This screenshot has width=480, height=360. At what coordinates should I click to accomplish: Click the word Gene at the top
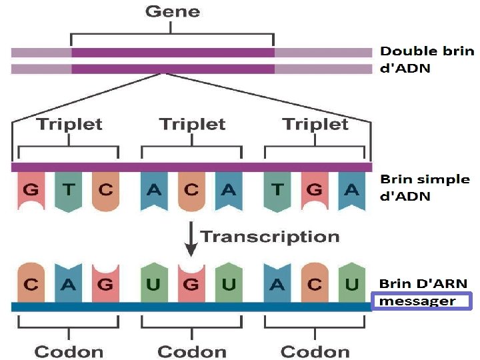(172, 11)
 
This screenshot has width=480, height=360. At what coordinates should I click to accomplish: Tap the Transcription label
(270, 237)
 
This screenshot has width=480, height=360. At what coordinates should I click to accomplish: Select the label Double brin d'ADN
(427, 59)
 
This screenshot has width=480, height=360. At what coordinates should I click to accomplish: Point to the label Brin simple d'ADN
(425, 188)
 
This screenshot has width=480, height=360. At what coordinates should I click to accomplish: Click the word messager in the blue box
(417, 301)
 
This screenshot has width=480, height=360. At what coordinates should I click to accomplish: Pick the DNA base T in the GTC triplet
(67, 189)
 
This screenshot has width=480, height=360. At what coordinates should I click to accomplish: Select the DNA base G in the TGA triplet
(314, 189)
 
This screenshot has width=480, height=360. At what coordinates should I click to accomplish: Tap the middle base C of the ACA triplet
(191, 189)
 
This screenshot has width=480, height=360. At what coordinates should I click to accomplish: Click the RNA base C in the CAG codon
(31, 285)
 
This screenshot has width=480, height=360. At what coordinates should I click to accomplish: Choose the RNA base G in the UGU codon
(191, 285)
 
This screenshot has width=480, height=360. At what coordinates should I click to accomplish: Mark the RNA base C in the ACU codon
(314, 285)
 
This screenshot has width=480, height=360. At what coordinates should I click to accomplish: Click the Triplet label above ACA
(192, 124)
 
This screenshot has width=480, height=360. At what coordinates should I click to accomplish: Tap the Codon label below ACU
(315, 351)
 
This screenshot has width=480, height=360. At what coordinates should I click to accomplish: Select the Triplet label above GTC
(69, 124)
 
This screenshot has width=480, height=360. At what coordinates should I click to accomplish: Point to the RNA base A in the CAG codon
(67, 285)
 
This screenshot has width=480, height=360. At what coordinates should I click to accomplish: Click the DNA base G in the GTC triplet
(31, 189)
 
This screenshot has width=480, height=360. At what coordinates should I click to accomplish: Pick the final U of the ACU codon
(351, 285)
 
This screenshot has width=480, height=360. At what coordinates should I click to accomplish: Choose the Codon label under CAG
(69, 351)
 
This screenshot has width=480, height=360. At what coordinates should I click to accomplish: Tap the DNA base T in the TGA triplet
(277, 189)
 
